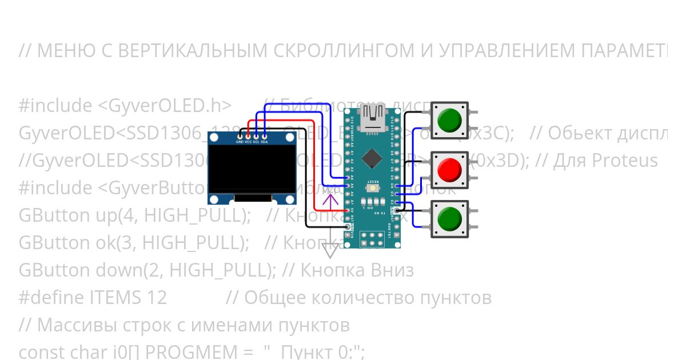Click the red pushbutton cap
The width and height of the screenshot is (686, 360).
point(449,170)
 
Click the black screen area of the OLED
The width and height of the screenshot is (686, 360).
point(252,169)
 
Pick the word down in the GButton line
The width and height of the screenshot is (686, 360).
point(93,270)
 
